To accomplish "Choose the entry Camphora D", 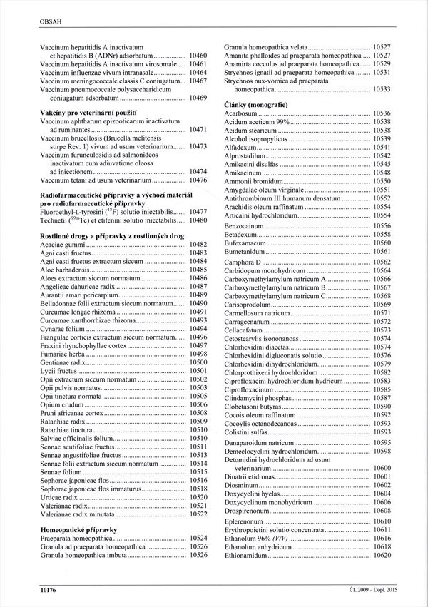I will tap(243, 262).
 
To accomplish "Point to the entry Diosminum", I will tap(243, 484).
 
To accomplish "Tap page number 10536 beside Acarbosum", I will tap(382, 113).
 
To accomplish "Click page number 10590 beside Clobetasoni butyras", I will tap(382, 405).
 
